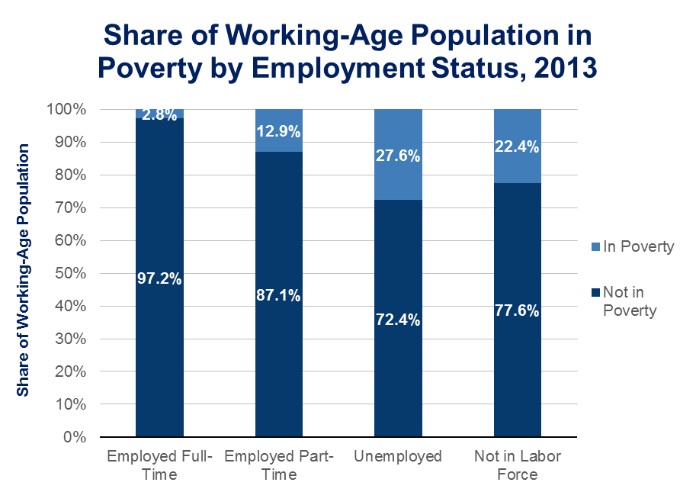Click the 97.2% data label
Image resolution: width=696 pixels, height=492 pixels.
click(159, 278)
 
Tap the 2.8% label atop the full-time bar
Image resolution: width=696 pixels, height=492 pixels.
click(159, 115)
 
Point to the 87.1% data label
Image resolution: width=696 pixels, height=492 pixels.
click(279, 294)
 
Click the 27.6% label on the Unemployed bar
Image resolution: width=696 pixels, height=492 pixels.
click(398, 156)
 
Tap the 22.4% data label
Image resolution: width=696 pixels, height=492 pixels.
click(518, 148)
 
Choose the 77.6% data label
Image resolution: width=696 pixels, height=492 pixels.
click(518, 310)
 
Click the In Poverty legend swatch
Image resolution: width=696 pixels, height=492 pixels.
click(595, 246)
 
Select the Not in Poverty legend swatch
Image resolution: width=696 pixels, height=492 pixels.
click(595, 293)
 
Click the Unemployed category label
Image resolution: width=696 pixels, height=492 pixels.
click(398, 457)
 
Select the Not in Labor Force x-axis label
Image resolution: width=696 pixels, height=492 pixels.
click(518, 465)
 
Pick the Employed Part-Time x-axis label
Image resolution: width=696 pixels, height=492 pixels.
click(279, 465)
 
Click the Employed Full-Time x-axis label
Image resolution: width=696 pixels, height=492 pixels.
click(159, 465)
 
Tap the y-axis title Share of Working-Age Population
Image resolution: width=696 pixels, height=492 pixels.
click(24, 270)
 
